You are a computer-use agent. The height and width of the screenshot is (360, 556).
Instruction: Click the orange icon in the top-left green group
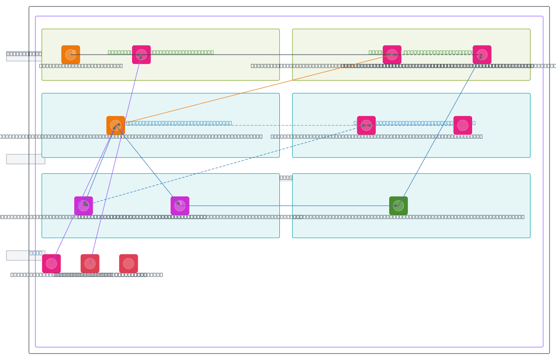click(70, 55)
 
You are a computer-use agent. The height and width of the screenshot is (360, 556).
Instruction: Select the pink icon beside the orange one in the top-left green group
click(141, 55)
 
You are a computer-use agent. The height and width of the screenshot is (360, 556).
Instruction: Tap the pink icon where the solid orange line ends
click(392, 55)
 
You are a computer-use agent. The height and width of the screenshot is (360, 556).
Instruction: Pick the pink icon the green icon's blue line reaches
click(482, 55)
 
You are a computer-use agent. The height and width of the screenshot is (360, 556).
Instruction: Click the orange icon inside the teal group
click(115, 125)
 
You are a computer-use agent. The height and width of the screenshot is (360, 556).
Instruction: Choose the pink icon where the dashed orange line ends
click(366, 125)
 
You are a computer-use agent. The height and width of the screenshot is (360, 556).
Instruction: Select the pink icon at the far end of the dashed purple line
click(462, 125)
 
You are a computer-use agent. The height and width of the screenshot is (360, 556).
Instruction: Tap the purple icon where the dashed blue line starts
click(83, 206)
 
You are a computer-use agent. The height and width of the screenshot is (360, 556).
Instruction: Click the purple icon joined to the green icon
click(180, 206)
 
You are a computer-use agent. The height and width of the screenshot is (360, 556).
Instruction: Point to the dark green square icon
click(398, 206)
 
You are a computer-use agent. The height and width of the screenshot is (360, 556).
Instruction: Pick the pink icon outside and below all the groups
click(51, 264)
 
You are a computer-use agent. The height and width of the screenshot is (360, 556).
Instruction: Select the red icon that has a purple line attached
click(90, 264)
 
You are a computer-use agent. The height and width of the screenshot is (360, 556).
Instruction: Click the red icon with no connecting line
click(128, 264)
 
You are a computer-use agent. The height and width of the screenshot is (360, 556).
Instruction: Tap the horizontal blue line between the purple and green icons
click(287, 206)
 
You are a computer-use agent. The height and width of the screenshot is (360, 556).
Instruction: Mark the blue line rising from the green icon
click(440, 130)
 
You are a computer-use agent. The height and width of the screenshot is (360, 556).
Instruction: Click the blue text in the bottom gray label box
click(36, 253)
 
